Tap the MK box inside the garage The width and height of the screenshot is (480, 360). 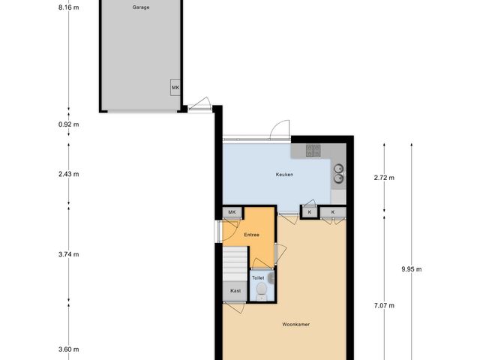point(175,88)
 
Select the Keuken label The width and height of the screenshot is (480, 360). point(284,175)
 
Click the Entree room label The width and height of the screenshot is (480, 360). point(251,235)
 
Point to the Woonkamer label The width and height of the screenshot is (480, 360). point(296,325)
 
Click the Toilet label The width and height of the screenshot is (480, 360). point(257,277)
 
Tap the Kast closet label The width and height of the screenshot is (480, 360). point(235,290)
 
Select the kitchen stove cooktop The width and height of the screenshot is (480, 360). point(313,151)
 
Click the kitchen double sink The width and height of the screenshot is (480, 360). point(339,174)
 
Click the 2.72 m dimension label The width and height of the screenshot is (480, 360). point(384,178)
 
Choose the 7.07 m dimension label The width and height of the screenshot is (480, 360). point(384,305)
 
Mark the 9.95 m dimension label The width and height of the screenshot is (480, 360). point(412,269)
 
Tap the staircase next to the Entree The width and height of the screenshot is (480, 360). point(235,262)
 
